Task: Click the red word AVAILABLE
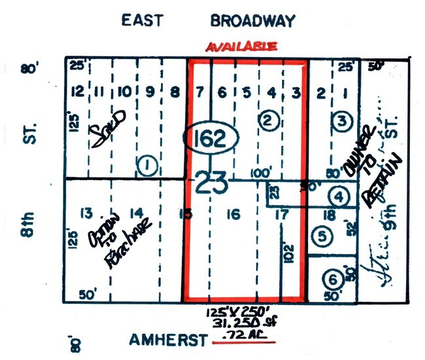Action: point(242,47)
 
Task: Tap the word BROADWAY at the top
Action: point(252,20)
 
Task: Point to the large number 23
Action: point(211,181)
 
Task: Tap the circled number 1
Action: point(148,167)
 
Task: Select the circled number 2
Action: point(268,120)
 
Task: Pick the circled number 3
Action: point(341,120)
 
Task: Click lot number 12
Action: point(78,91)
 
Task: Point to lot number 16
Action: point(233,214)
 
